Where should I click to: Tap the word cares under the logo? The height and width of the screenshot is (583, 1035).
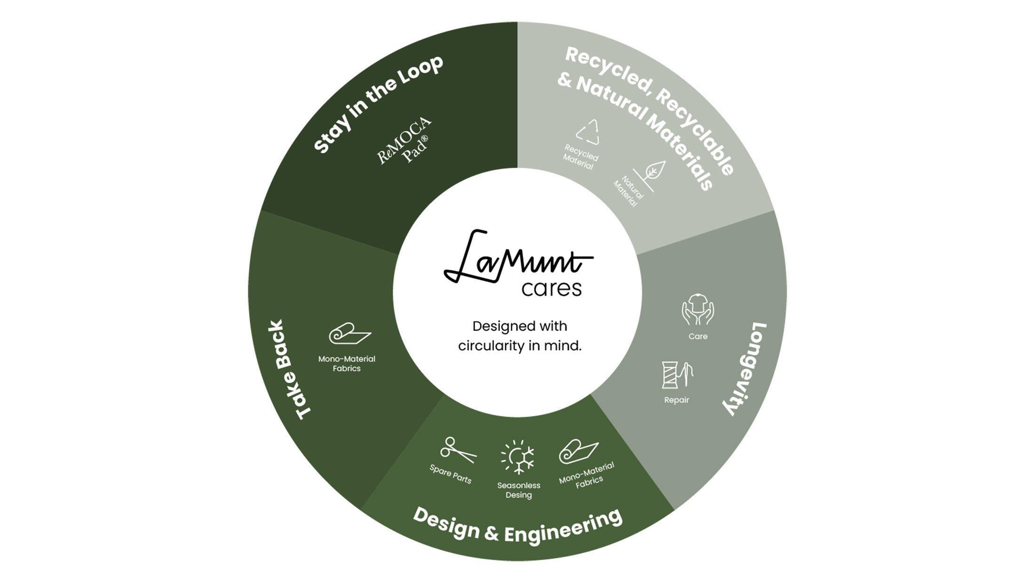pyautogui.click(x=551, y=288)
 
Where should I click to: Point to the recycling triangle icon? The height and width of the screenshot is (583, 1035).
pyautogui.click(x=589, y=132)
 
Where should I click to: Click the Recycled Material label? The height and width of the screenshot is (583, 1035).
pyautogui.click(x=580, y=157)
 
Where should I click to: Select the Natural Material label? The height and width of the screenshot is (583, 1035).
pyautogui.click(x=629, y=191)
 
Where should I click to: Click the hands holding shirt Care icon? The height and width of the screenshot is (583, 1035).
pyautogui.click(x=698, y=310)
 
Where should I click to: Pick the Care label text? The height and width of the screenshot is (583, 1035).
pyautogui.click(x=698, y=336)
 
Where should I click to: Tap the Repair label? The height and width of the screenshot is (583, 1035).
pyautogui.click(x=677, y=400)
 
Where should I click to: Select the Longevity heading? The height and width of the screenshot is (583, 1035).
pyautogui.click(x=745, y=369)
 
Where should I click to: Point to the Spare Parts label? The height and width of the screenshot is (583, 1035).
pyautogui.click(x=450, y=474)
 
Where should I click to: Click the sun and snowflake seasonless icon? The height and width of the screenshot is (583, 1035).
pyautogui.click(x=518, y=457)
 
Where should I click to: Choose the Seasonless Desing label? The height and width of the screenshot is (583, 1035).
pyautogui.click(x=518, y=490)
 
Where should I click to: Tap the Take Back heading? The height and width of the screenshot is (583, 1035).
pyautogui.click(x=290, y=370)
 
